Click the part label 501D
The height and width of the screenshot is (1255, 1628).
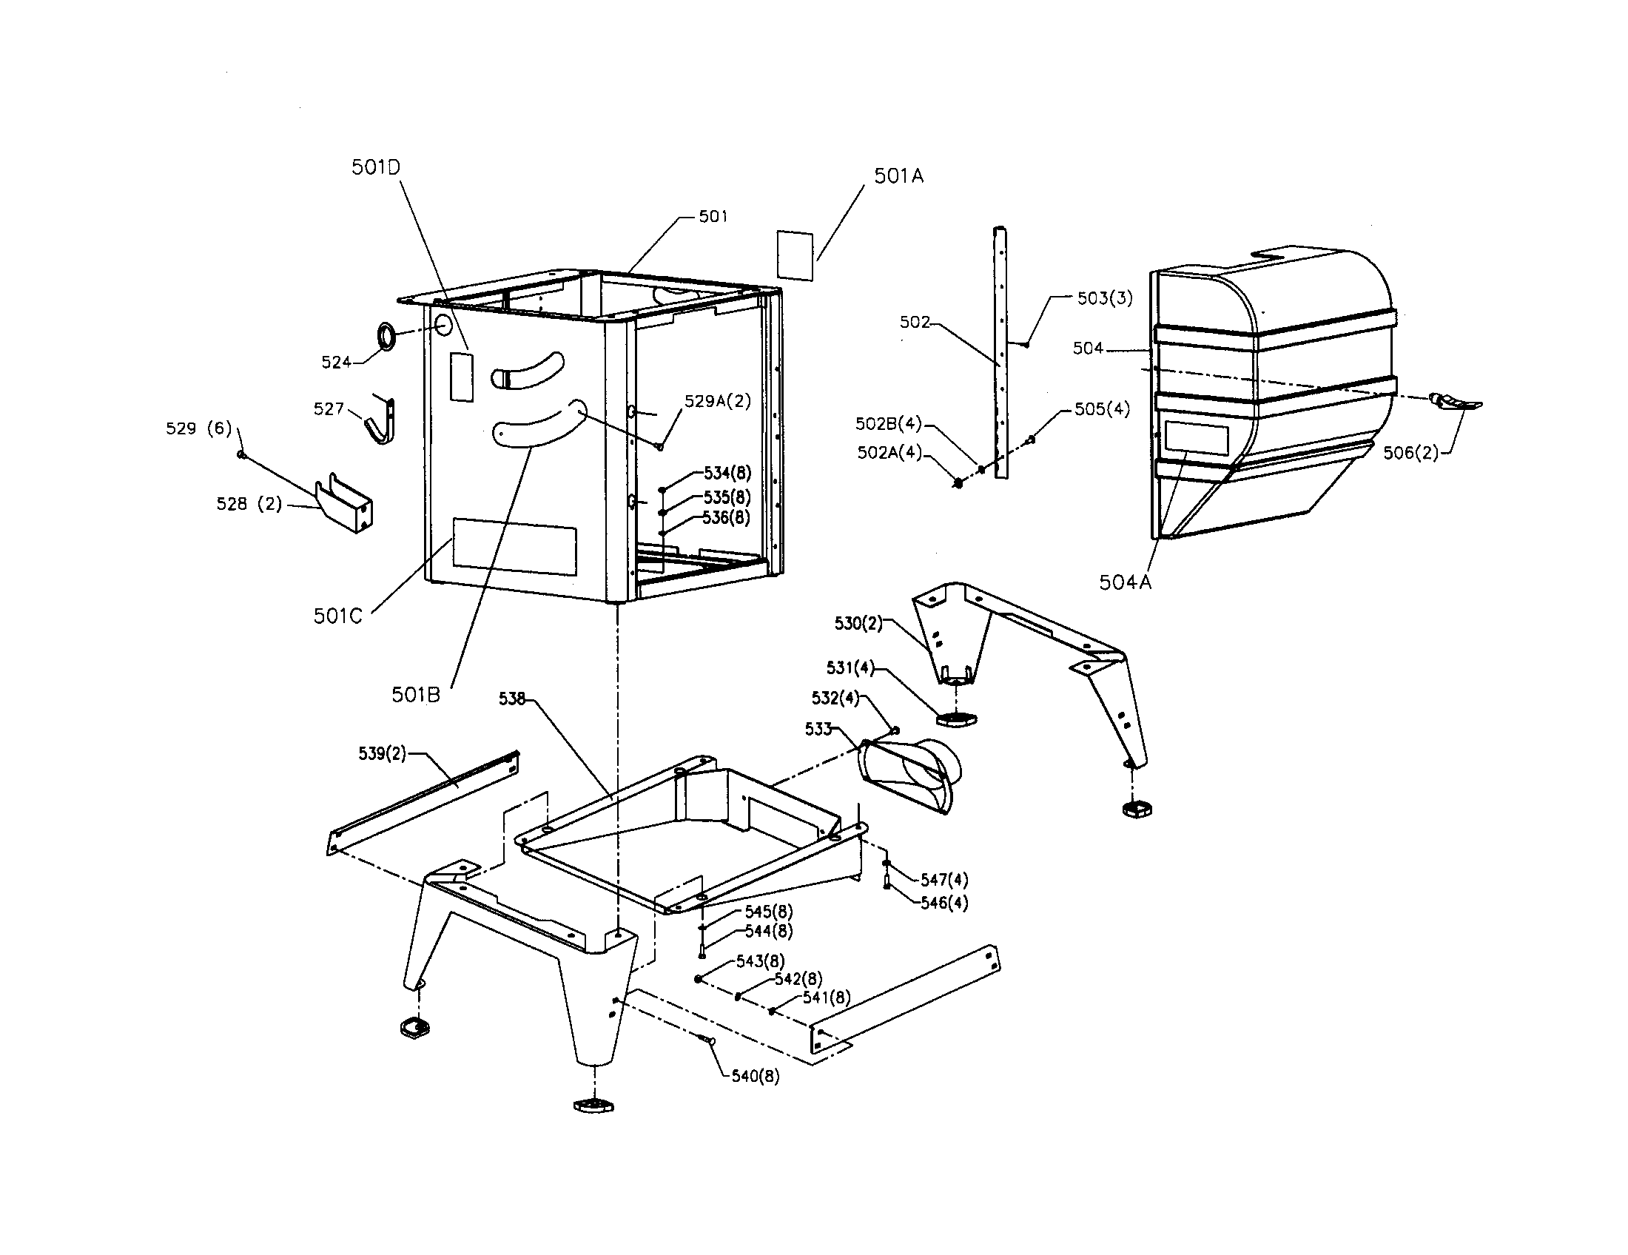(x=376, y=167)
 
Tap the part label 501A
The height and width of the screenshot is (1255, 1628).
(x=898, y=176)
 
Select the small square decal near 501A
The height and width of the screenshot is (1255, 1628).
(x=795, y=255)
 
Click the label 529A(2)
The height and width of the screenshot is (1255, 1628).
(x=717, y=401)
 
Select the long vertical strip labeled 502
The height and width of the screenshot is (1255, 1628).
(x=1000, y=350)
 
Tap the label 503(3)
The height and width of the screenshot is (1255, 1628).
(x=1105, y=298)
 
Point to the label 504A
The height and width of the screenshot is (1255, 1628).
(x=1125, y=583)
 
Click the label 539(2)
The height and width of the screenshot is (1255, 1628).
(x=383, y=753)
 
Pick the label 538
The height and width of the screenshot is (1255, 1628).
(x=512, y=699)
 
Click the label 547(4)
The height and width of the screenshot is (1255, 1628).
(x=943, y=880)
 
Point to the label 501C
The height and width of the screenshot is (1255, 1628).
(x=337, y=616)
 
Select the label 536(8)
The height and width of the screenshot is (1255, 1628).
(x=726, y=517)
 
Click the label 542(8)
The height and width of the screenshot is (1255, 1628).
(x=798, y=978)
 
